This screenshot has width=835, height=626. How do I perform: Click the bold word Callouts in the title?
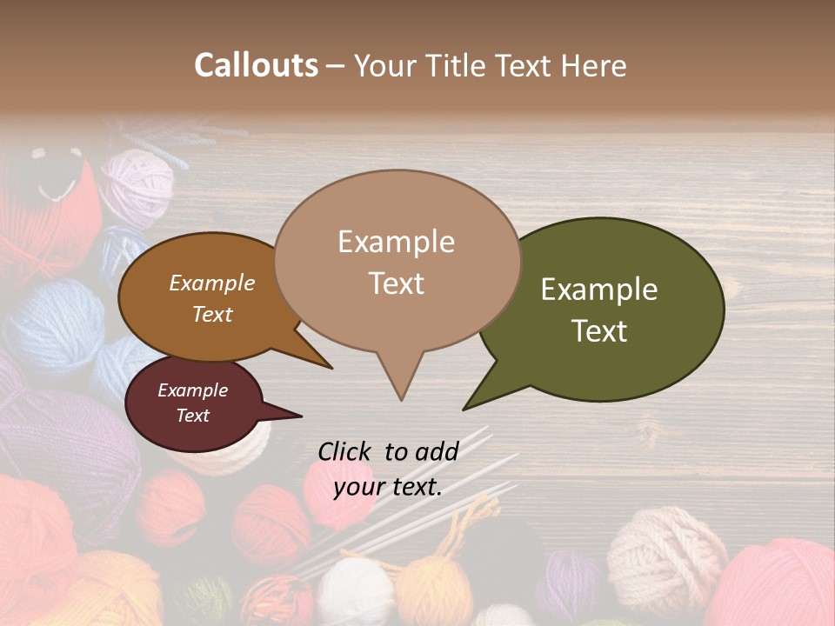pyautogui.click(x=256, y=65)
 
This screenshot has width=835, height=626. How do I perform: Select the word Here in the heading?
pyautogui.click(x=594, y=65)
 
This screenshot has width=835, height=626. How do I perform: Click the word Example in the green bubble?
pyautogui.click(x=599, y=290)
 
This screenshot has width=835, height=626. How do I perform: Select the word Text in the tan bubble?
pyautogui.click(x=397, y=283)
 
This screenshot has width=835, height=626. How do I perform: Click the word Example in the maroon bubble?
pyautogui.click(x=192, y=390)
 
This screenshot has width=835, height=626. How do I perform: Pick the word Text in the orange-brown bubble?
pyautogui.click(x=211, y=314)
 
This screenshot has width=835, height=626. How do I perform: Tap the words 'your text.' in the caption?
pyautogui.click(x=388, y=487)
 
